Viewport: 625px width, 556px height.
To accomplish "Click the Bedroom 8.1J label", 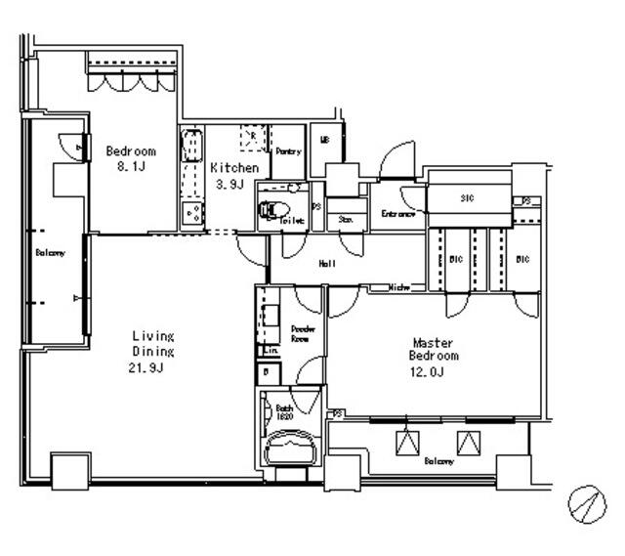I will tap(130, 158).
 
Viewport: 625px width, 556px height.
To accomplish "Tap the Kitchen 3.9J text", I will tap(235, 176).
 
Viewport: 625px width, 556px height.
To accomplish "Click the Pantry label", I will tap(288, 151).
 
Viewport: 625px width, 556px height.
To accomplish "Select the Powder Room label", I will tap(300, 333).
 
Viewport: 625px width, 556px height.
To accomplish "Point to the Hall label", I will tap(328, 263).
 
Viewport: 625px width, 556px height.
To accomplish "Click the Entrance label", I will tap(398, 213).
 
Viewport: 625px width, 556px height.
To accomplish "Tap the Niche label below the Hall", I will tap(399, 287).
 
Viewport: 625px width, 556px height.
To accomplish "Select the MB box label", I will tap(324, 140).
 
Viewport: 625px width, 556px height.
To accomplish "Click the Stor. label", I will tap(345, 220).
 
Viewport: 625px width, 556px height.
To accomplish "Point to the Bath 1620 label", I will tap(284, 411).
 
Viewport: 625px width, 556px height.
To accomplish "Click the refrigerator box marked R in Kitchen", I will tap(254, 139).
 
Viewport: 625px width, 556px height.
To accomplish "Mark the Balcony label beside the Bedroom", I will tap(50, 253).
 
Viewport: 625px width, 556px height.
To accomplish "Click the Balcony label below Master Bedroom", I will tap(438, 461).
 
